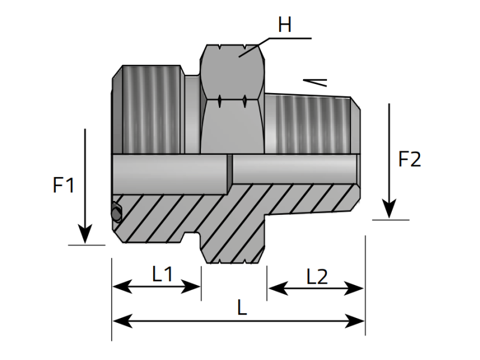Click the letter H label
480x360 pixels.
(x=284, y=26)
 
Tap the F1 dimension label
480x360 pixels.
(x=64, y=185)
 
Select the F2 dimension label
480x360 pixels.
(x=410, y=160)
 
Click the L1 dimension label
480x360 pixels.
(x=162, y=274)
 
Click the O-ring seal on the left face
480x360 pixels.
(x=116, y=212)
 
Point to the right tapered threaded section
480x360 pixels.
(x=312, y=123)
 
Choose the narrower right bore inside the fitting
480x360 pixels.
(x=294, y=169)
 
